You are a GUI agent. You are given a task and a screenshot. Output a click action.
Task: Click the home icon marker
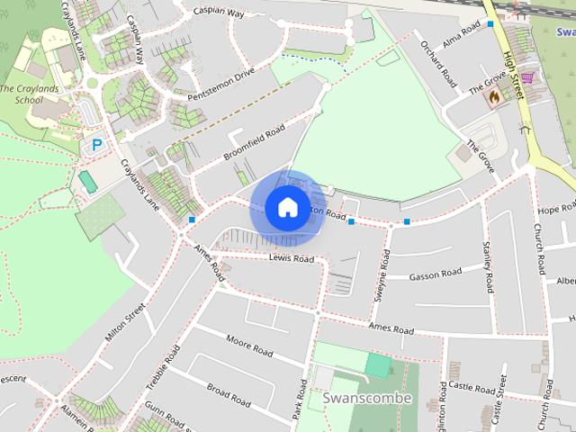287,208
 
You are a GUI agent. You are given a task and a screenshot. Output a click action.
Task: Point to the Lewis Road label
291,258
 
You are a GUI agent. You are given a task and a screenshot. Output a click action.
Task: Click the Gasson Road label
435,274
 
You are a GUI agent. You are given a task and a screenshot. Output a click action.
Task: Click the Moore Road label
249,344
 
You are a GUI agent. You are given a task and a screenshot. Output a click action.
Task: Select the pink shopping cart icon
526,78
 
